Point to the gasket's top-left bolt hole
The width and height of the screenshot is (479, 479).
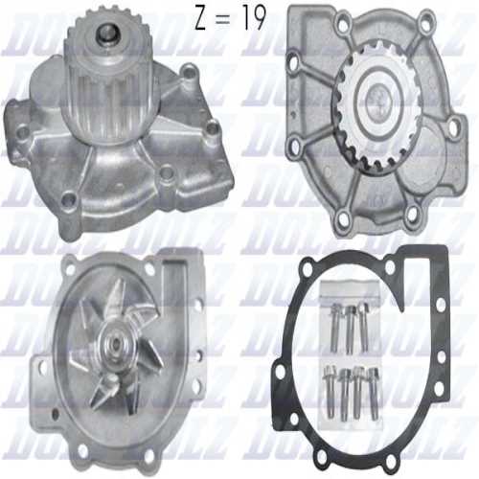click(x=293, y=294)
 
